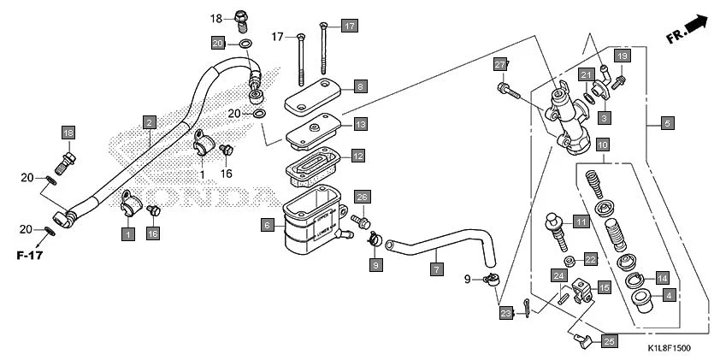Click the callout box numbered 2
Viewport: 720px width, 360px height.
pyautogui.click(x=149, y=121)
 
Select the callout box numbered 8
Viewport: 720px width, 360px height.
pyautogui.click(x=360, y=86)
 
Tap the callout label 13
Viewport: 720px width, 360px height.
pyautogui.click(x=360, y=124)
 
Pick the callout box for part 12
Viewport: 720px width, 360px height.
pyautogui.click(x=357, y=156)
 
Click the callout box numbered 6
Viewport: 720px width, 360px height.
pyautogui.click(x=268, y=225)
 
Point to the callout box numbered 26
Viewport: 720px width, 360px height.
pyautogui.click(x=363, y=198)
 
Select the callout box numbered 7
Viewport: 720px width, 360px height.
pyautogui.click(x=436, y=269)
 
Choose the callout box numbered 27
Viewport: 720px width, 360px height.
pyautogui.click(x=501, y=65)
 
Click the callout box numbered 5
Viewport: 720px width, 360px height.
pyautogui.click(x=666, y=123)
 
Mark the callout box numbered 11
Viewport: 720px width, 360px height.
pyautogui.click(x=581, y=221)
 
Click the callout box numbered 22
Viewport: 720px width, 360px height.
pyautogui.click(x=590, y=259)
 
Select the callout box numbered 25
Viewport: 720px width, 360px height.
pyautogui.click(x=608, y=341)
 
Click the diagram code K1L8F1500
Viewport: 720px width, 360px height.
pyautogui.click(x=668, y=348)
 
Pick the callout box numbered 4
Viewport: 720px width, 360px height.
pyautogui.click(x=669, y=295)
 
